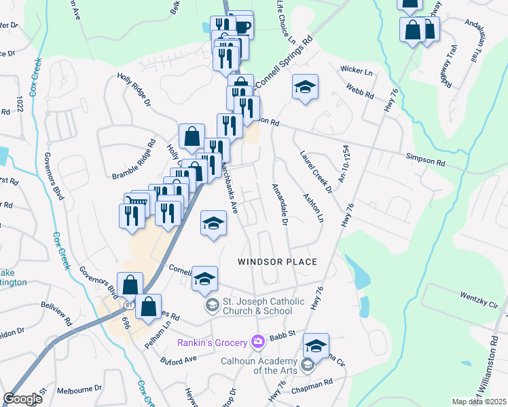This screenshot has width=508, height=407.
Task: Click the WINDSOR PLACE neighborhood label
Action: [278, 262]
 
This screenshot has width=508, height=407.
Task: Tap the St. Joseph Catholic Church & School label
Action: [257, 306]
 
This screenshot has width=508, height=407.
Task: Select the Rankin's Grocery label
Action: [210, 343]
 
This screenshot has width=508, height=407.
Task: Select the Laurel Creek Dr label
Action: [316, 171]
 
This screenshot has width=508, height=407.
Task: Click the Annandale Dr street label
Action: [280, 204]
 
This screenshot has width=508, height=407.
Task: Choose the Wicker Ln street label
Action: [357, 70]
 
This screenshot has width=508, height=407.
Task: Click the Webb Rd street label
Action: [359, 92]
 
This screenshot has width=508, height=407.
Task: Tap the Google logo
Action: [22, 399]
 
